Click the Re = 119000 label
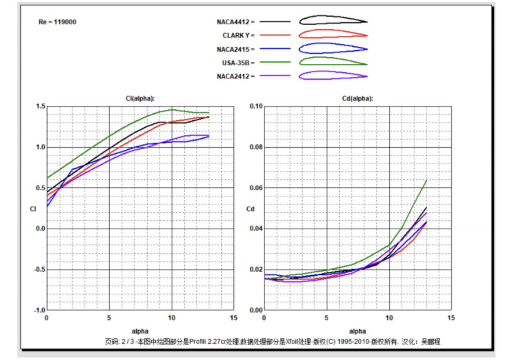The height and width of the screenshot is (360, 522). coord(58,22)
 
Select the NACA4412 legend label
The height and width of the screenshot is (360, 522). coord(235,21)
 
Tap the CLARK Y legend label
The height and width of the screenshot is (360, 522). coord(238,35)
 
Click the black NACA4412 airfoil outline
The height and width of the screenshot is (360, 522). coord(333,20)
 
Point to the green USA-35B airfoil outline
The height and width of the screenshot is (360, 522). coord(333,60)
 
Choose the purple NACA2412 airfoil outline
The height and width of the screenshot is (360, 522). coord(333,75)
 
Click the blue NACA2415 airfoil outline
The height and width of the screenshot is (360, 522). coord(333,48)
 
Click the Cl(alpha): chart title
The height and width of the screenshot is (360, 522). coord(140,98)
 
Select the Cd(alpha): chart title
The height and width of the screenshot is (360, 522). coord(357,98)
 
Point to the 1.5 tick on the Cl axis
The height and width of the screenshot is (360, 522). coord(40,107)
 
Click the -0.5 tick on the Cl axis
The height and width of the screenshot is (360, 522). coord(39,269)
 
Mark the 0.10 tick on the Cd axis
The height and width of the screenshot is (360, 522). coord(256,107)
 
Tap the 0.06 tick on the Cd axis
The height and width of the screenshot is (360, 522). coord(256,188)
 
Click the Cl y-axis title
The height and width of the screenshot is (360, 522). coord(33,209)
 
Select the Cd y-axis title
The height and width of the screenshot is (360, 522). coord(250,209)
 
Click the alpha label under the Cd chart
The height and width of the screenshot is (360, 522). coord(357,331)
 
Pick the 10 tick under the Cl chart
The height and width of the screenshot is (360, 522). coord(171,317)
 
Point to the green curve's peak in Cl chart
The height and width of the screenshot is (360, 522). coord(171,110)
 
